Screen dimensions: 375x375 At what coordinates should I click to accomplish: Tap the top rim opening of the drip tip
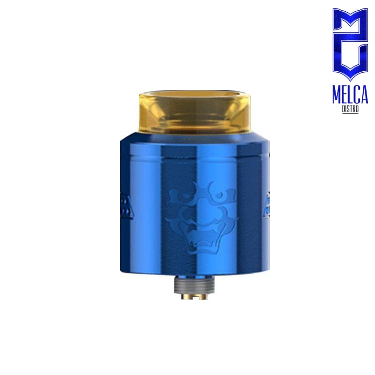point(192,93)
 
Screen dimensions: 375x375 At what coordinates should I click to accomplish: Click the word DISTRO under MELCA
point(350,110)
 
